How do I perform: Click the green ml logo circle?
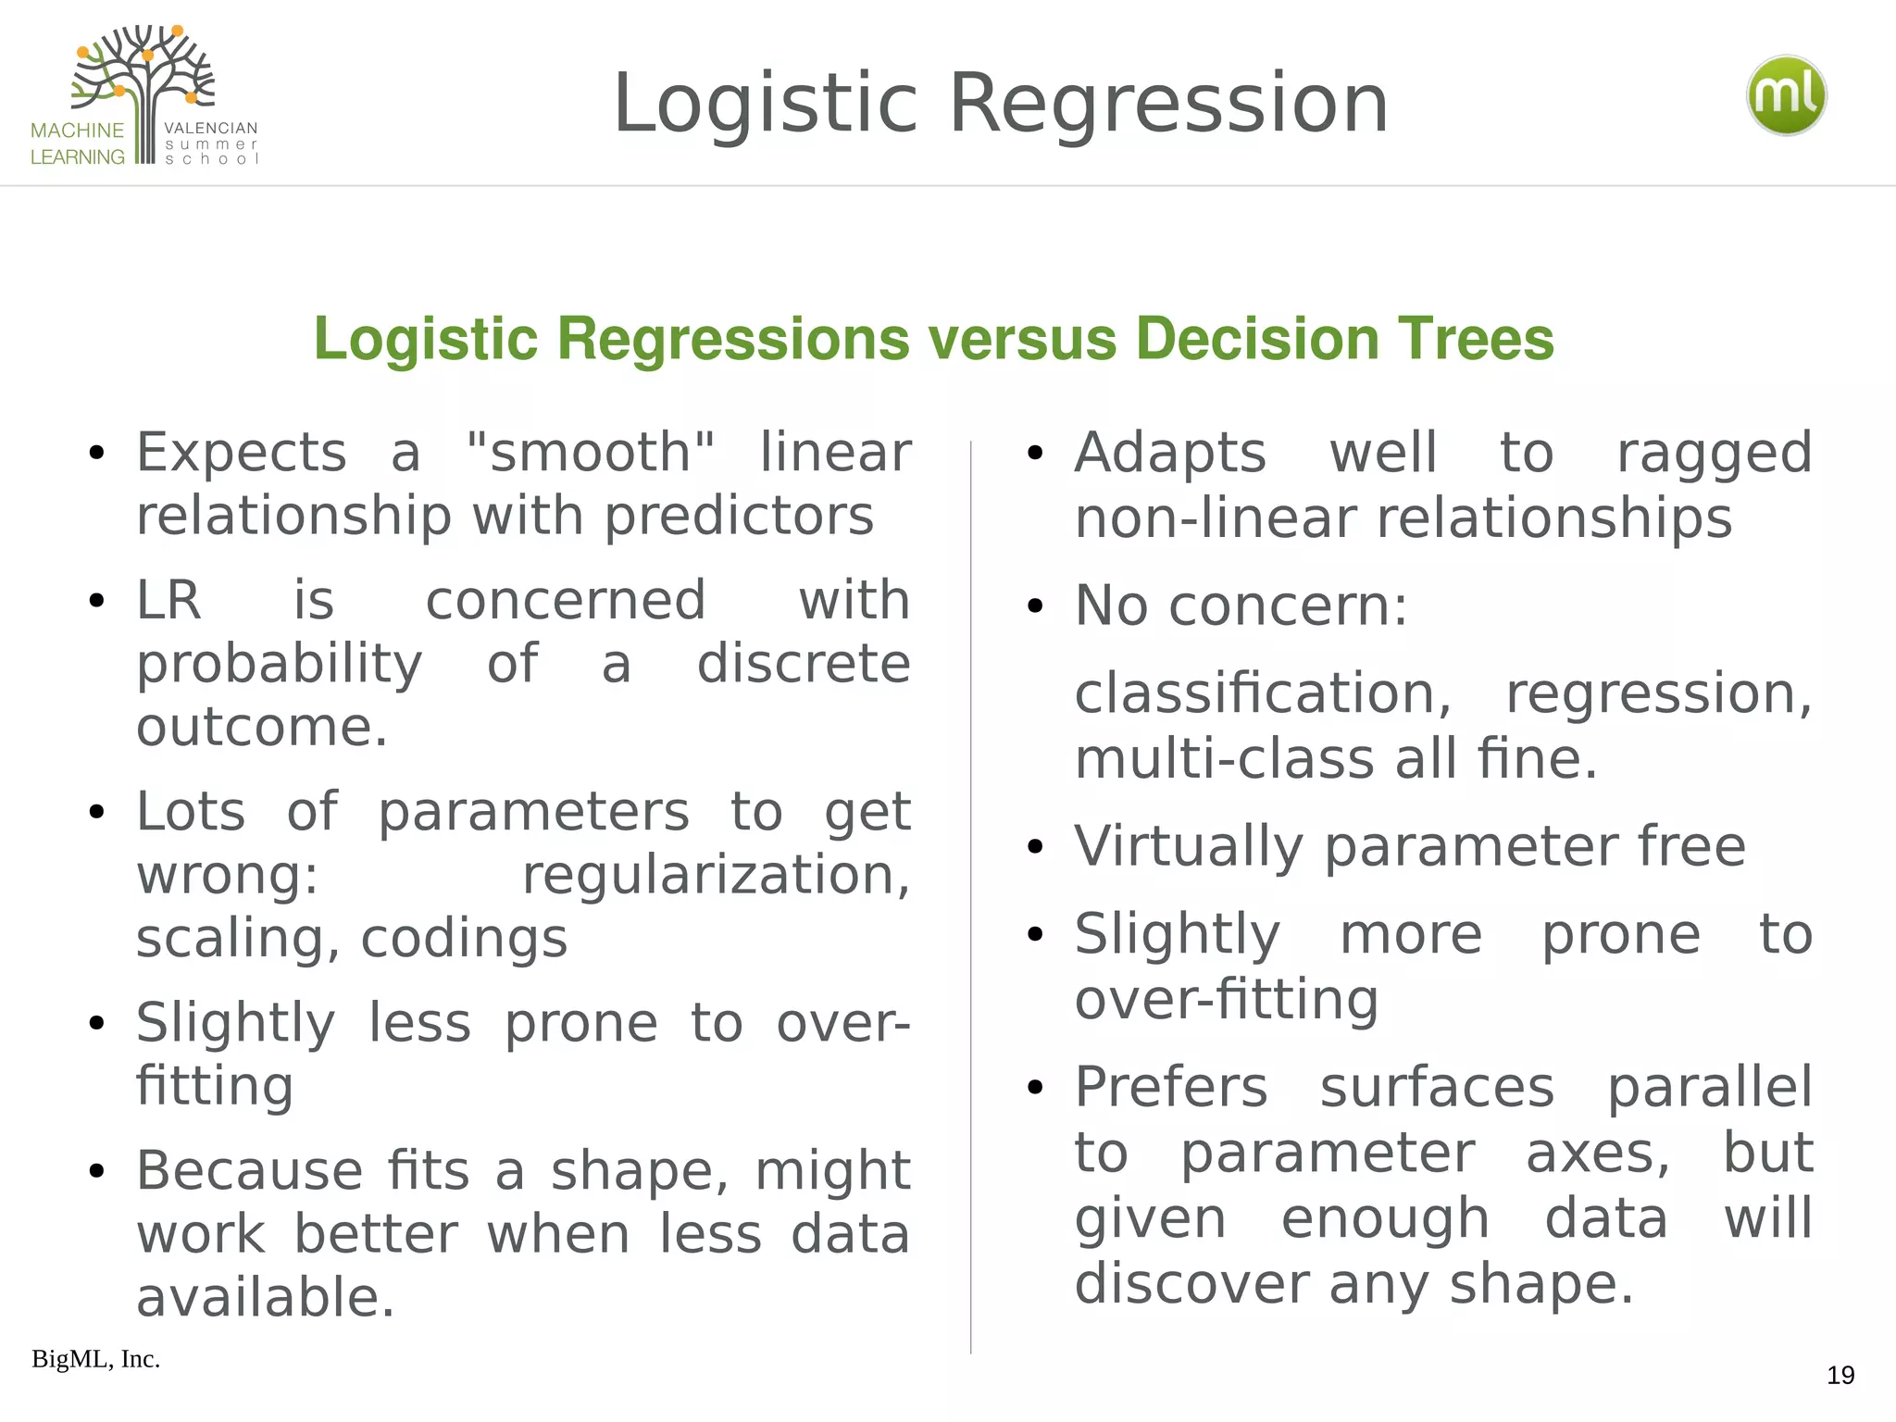tap(1786, 96)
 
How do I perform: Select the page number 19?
tap(1840, 1376)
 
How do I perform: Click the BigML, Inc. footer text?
tap(96, 1359)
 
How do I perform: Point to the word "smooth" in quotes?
tap(591, 453)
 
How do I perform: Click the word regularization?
tap(716, 875)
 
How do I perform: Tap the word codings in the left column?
tap(464, 939)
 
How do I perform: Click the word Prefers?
tap(1170, 1087)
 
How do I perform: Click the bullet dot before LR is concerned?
tap(97, 602)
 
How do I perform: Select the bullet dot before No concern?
tap(1035, 607)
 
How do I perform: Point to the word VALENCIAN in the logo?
tap(211, 128)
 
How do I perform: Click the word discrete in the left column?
tap(804, 664)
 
